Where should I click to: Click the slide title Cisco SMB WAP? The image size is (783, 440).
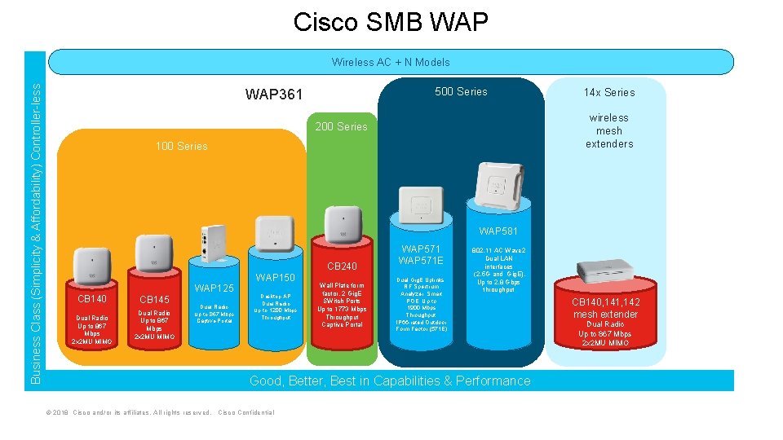pyautogui.click(x=391, y=22)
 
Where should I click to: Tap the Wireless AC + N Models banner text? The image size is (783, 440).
pyautogui.click(x=391, y=62)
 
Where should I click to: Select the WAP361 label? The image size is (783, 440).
pyautogui.click(x=274, y=95)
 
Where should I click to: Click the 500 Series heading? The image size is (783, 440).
pyautogui.click(x=461, y=91)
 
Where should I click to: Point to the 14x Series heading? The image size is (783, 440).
pyautogui.click(x=608, y=92)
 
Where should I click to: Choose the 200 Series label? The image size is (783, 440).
pyautogui.click(x=341, y=126)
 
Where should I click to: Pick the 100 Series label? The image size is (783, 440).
pyautogui.click(x=181, y=146)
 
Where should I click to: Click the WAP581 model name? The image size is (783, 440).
pyautogui.click(x=498, y=231)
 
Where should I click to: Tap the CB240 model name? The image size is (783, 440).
pyautogui.click(x=342, y=266)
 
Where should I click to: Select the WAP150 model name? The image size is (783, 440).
pyautogui.click(x=276, y=278)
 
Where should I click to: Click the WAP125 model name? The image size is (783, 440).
pyautogui.click(x=215, y=288)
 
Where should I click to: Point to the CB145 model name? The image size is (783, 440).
pyautogui.click(x=154, y=300)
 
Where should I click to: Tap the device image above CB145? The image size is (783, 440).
pyautogui.click(x=154, y=253)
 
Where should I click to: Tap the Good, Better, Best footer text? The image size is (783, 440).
pyautogui.click(x=389, y=381)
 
